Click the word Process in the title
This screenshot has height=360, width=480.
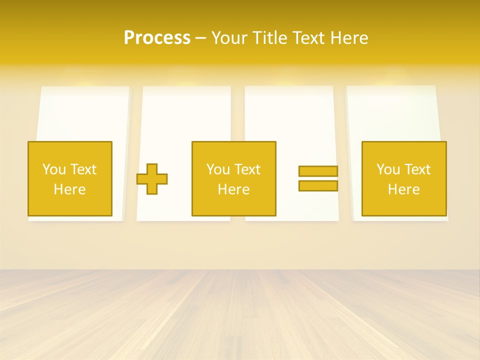pyautogui.click(x=157, y=38)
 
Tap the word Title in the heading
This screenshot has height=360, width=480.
pyautogui.click(x=268, y=38)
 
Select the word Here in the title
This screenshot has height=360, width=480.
pyautogui.click(x=349, y=38)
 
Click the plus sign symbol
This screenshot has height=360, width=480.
pyautogui.click(x=152, y=178)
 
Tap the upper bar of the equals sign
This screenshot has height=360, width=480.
pyautogui.click(x=318, y=171)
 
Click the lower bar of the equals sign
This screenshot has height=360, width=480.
pyautogui.click(x=318, y=185)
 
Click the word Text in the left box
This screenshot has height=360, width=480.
pyautogui.click(x=83, y=169)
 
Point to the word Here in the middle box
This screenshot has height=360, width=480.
pyautogui.click(x=233, y=189)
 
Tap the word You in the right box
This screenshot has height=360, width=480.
pyautogui.click(x=388, y=169)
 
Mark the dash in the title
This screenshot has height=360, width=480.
pyautogui.click(x=200, y=38)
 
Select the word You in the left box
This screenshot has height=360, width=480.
pyautogui.click(x=54, y=169)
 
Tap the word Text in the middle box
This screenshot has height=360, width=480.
pyautogui.click(x=247, y=169)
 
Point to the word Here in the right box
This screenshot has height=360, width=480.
pyautogui.click(x=404, y=189)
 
